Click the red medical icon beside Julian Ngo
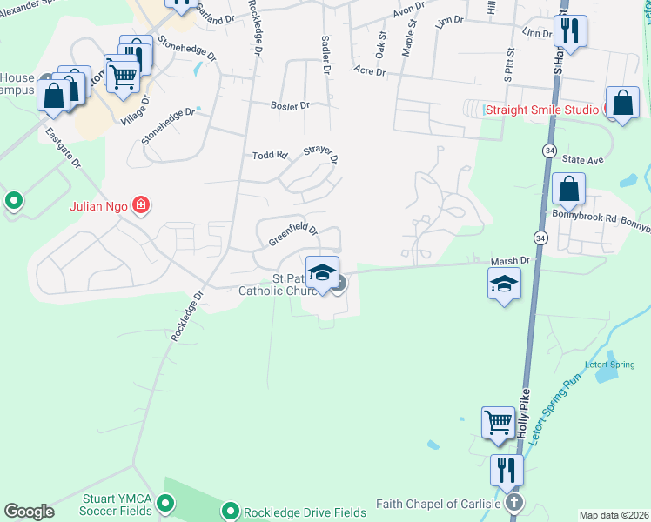pos(141,206)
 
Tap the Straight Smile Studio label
pos(541,110)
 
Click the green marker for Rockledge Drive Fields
pos(231,512)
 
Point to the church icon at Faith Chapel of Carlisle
pos(514,503)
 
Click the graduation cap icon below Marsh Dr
pos(504,284)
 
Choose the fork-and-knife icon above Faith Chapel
pos(507,470)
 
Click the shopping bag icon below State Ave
pos(567,189)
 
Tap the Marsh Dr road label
pos(512,260)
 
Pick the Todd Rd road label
pos(270,155)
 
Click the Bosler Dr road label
pos(292,105)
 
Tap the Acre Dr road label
pos(370,70)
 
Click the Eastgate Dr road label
pos(64,150)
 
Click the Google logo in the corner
pos(29,512)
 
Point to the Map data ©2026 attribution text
pos(613,515)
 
